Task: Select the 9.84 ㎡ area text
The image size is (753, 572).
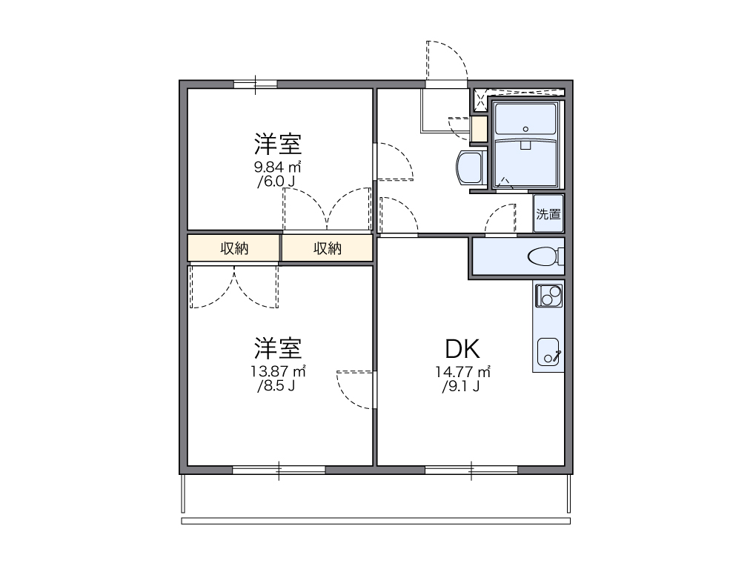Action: pos(279,167)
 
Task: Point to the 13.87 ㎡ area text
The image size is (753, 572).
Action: pos(279,371)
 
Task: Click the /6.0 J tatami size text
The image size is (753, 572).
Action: pos(279,182)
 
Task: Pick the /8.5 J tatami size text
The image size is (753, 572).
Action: pos(279,386)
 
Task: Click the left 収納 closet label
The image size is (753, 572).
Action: pos(234,249)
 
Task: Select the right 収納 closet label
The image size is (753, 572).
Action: pos(327,249)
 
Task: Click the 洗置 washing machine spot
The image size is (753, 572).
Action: pos(548,215)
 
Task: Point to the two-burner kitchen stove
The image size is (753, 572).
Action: pos(548,296)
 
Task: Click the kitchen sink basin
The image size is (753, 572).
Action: pos(548,353)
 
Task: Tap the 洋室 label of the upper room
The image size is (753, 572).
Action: pos(279,143)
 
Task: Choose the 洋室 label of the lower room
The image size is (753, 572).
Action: pos(279,347)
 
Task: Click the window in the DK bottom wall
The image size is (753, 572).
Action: pos(471,470)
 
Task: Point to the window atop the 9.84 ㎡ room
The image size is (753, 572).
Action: pos(256,83)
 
